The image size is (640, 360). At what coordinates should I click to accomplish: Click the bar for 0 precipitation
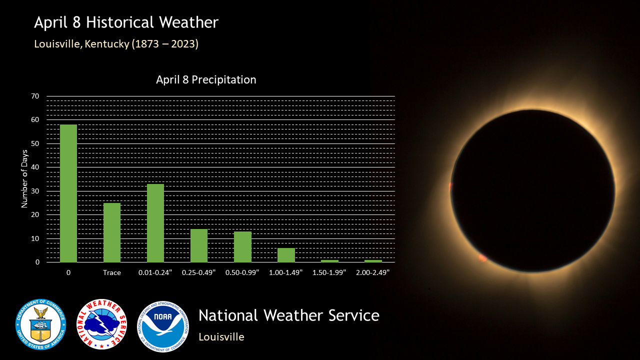68,193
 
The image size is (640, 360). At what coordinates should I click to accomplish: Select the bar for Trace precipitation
112,232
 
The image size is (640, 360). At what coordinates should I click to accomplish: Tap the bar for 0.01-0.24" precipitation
155,223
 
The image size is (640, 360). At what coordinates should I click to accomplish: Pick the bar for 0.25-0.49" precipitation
199,245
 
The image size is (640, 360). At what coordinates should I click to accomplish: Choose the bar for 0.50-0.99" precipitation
242,247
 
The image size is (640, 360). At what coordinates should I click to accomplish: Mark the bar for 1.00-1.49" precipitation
286,255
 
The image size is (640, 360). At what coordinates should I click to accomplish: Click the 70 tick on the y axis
35,96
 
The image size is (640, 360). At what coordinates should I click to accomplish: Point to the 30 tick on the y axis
35,191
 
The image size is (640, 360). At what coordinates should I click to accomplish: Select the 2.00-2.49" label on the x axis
373,272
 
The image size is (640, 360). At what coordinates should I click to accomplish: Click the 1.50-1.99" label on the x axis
329,272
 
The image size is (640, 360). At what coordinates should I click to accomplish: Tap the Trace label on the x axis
112,272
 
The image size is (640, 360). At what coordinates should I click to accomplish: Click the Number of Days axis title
24,179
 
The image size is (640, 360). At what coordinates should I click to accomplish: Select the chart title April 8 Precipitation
206,79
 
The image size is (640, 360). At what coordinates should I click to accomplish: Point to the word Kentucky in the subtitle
107,44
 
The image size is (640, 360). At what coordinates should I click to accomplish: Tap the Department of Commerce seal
41,324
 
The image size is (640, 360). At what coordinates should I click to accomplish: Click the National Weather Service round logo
101,324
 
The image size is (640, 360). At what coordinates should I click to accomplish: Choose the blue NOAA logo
163,326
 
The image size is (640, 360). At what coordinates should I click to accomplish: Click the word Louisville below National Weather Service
221,337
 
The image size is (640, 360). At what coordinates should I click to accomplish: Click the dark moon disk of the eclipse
532,191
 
